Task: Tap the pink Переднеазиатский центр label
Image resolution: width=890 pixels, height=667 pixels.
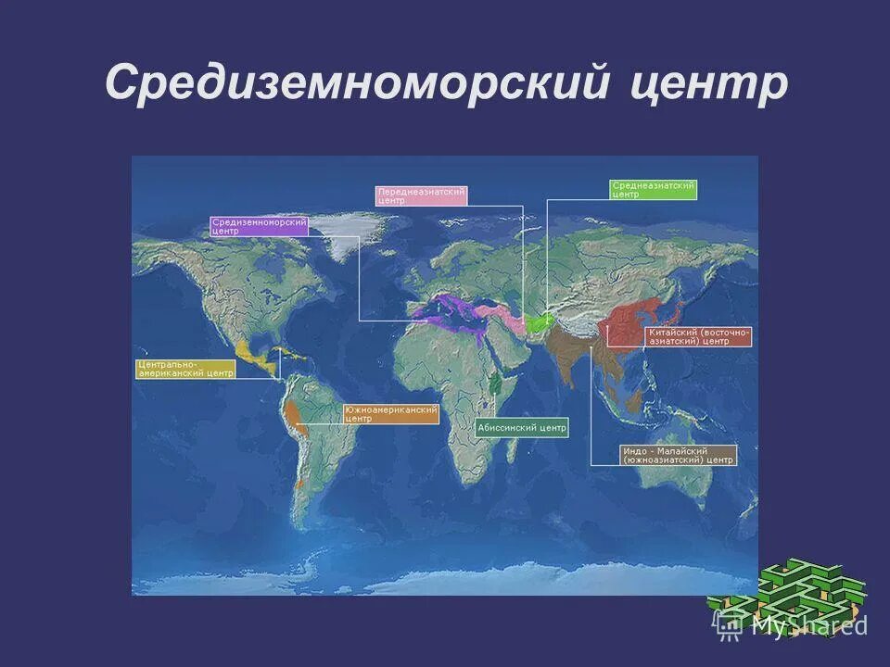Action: [420, 195]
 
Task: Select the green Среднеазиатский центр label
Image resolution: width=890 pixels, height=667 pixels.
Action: [653, 189]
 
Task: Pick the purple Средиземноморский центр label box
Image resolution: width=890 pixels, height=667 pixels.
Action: [259, 226]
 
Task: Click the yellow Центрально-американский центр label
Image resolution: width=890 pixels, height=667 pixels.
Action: [185, 368]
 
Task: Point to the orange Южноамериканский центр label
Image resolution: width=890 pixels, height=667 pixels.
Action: [390, 413]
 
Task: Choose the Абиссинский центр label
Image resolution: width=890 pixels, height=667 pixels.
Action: [521, 428]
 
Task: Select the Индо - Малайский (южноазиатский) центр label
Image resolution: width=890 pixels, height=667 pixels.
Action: [679, 454]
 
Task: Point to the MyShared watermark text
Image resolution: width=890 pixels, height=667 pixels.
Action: [808, 626]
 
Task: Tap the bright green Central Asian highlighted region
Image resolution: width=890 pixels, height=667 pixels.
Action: [540, 322]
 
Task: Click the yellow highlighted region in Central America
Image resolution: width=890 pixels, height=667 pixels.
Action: [252, 358]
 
